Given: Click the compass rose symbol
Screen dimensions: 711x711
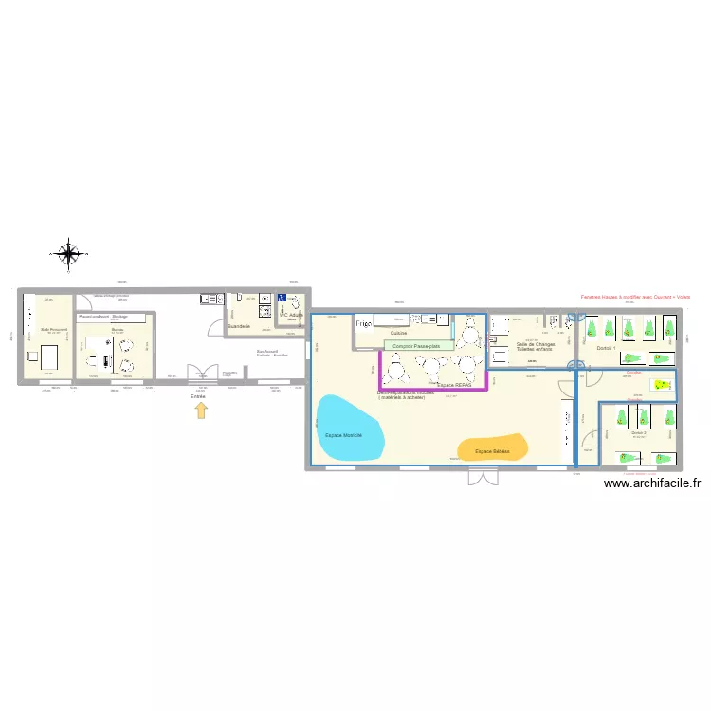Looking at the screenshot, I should pos(69,253).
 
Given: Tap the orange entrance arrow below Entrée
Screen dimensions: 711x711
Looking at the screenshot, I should pos(200,410).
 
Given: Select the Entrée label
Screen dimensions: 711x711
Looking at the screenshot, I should pos(198,396).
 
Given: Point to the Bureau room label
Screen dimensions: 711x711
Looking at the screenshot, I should pos(118,329).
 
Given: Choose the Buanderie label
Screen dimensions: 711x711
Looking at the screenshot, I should pos(239,326).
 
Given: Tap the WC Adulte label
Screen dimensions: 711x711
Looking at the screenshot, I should pos(291,314).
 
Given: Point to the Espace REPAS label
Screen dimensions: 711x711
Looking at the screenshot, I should pos(454,385).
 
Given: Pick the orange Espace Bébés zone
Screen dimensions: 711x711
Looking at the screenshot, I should pos(492,450).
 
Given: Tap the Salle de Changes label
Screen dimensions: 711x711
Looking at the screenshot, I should pos(536,345).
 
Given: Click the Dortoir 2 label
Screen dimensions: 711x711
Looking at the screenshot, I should pos(639,433).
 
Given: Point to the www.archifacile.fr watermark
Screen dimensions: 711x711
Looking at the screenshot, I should pos(651,483).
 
